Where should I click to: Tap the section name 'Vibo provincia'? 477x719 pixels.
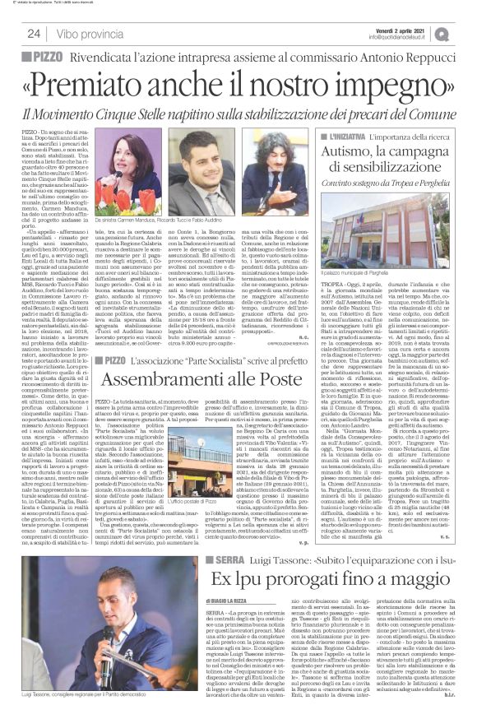coord(86,33)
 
